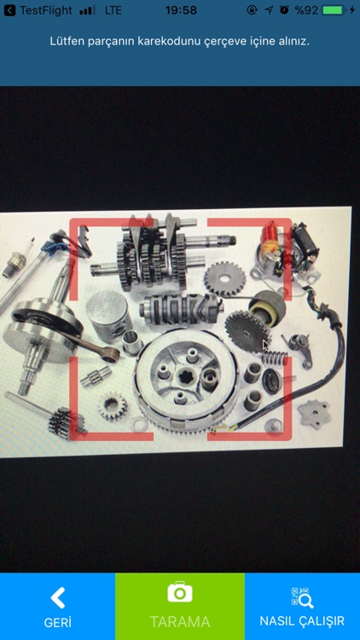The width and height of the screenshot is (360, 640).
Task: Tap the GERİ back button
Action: pyautogui.click(x=57, y=606)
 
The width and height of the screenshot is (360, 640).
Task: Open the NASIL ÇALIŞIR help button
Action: pyautogui.click(x=302, y=606)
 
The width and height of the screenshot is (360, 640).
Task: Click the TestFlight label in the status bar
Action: pyautogui.click(x=46, y=10)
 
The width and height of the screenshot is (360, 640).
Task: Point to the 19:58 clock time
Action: pyautogui.click(x=181, y=10)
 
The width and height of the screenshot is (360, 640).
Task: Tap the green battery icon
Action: pyautogui.click(x=334, y=10)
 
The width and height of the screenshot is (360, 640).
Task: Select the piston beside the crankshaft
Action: pyautogui.click(x=108, y=311)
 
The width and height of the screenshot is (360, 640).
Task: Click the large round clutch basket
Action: pyautogui.click(x=187, y=379)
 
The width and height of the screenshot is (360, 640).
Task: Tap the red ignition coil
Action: pyautogui.click(x=270, y=241)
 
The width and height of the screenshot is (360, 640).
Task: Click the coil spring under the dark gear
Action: pyautogui.click(x=275, y=358)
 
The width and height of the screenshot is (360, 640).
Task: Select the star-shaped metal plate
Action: pyautogui.click(x=314, y=414)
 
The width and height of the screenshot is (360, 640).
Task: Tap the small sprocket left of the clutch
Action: pyautogui.click(x=113, y=406)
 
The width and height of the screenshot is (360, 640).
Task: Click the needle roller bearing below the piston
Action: pyautogui.click(x=96, y=376)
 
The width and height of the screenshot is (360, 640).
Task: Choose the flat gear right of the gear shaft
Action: pyautogui.click(x=224, y=278)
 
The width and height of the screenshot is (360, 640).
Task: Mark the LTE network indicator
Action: pyautogui.click(x=113, y=10)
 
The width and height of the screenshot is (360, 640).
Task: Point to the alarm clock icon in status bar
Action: pyautogui.click(x=284, y=10)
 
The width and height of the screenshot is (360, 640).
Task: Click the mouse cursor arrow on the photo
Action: pyautogui.click(x=265, y=346)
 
